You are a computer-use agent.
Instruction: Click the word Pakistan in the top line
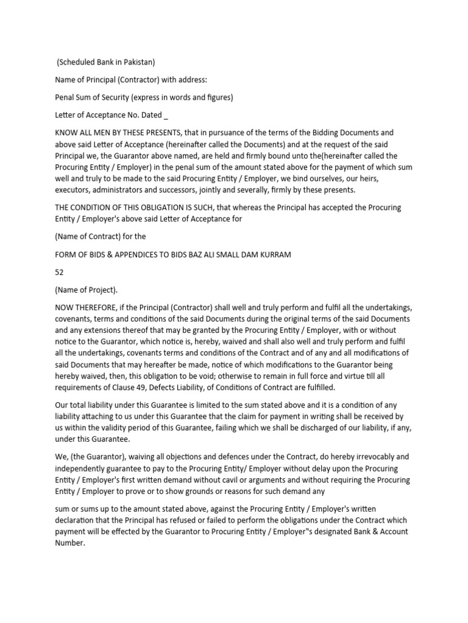click(x=137, y=61)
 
